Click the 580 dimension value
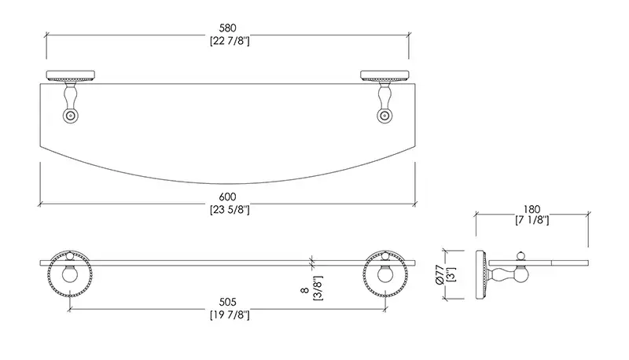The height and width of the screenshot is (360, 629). click(227, 28)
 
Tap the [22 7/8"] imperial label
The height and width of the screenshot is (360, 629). click(230, 41)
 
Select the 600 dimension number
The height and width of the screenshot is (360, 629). click(227, 197)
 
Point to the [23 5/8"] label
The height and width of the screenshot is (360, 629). click(230, 210)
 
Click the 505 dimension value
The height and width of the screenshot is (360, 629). click(227, 302)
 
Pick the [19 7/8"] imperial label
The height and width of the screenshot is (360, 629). click(230, 314)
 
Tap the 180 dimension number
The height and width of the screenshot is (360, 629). click(532, 209)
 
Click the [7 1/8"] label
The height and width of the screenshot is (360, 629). click(532, 220)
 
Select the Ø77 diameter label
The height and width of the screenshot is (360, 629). click(440, 274)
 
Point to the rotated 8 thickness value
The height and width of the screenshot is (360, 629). click(304, 290)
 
